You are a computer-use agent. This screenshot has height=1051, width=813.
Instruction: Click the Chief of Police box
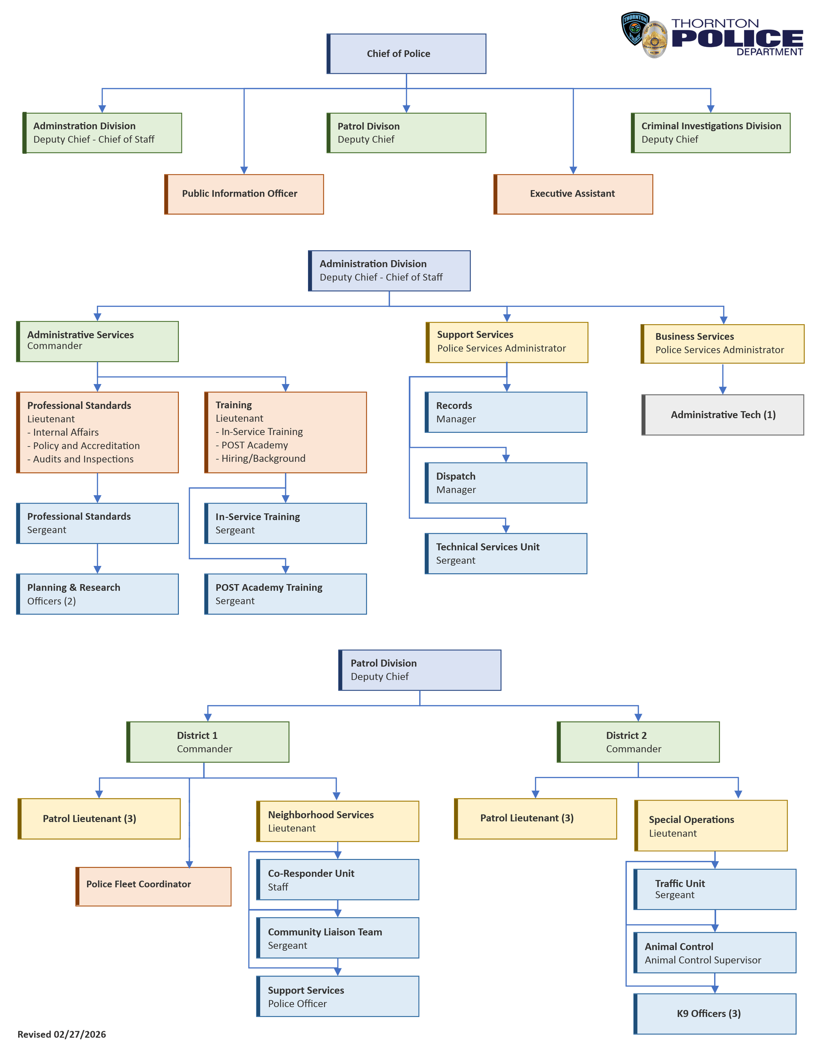pos(406,53)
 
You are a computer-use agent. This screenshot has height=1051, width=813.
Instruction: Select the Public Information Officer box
pos(244,194)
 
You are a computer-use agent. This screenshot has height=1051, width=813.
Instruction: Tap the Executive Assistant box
pos(573,194)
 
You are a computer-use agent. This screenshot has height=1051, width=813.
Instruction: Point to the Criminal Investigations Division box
pos(711,133)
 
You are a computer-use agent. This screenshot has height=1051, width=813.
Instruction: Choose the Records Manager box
pos(506,412)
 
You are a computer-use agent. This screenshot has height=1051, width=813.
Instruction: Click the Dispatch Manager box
pos(506,483)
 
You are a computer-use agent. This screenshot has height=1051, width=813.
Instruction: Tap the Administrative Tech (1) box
pos(723,415)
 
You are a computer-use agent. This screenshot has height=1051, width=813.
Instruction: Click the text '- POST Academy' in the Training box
pos(252,445)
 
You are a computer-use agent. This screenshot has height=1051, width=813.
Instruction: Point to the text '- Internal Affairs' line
pos(63,432)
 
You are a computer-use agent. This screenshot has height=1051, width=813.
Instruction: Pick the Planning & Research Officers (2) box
pos(97,594)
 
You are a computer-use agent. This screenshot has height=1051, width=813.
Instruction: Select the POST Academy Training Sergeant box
pos(286,594)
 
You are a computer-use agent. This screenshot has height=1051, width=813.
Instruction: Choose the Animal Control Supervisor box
pos(715,953)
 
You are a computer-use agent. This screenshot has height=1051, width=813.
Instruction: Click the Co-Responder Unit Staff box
pos(338,880)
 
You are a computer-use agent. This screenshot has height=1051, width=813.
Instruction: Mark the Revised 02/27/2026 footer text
pos(62,1034)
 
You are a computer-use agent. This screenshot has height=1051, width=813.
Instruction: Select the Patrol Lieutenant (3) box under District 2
pos(535,819)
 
